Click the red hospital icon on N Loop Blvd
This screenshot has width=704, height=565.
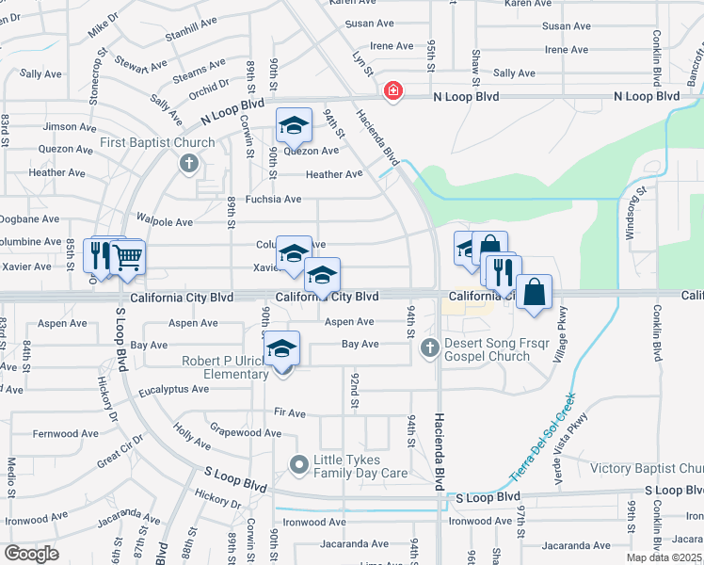pos(392,91)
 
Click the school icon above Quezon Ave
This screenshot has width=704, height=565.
pos(294,124)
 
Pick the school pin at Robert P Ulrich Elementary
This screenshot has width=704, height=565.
pos(281,348)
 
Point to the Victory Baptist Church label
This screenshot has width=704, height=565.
pos(647,468)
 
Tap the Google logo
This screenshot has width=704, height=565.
pos(32,553)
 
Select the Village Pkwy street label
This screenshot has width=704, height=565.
pos(563,333)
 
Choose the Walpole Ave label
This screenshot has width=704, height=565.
pos(165,222)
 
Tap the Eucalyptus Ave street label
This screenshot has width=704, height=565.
pos(173,389)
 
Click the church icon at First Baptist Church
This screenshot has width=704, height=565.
pos(188,164)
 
